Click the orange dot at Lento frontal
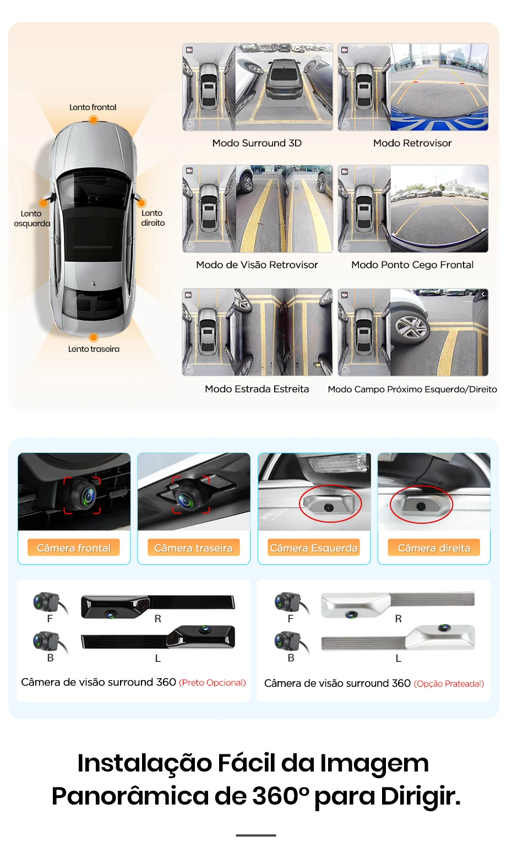(94, 120)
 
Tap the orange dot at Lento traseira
(94, 338)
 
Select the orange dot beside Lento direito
(141, 203)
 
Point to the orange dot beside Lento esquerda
(43, 203)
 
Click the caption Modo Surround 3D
(257, 143)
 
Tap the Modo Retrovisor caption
(412, 143)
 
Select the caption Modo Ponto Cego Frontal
(412, 265)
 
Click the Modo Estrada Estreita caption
(257, 389)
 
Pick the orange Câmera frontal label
(74, 548)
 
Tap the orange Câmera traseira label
(194, 548)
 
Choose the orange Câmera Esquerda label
(314, 548)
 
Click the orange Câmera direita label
(434, 548)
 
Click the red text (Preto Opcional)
(213, 683)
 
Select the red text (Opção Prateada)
(449, 684)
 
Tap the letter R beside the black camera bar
(158, 619)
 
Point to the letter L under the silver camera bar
(399, 658)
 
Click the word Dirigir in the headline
(421, 796)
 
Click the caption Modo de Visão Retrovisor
(257, 265)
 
